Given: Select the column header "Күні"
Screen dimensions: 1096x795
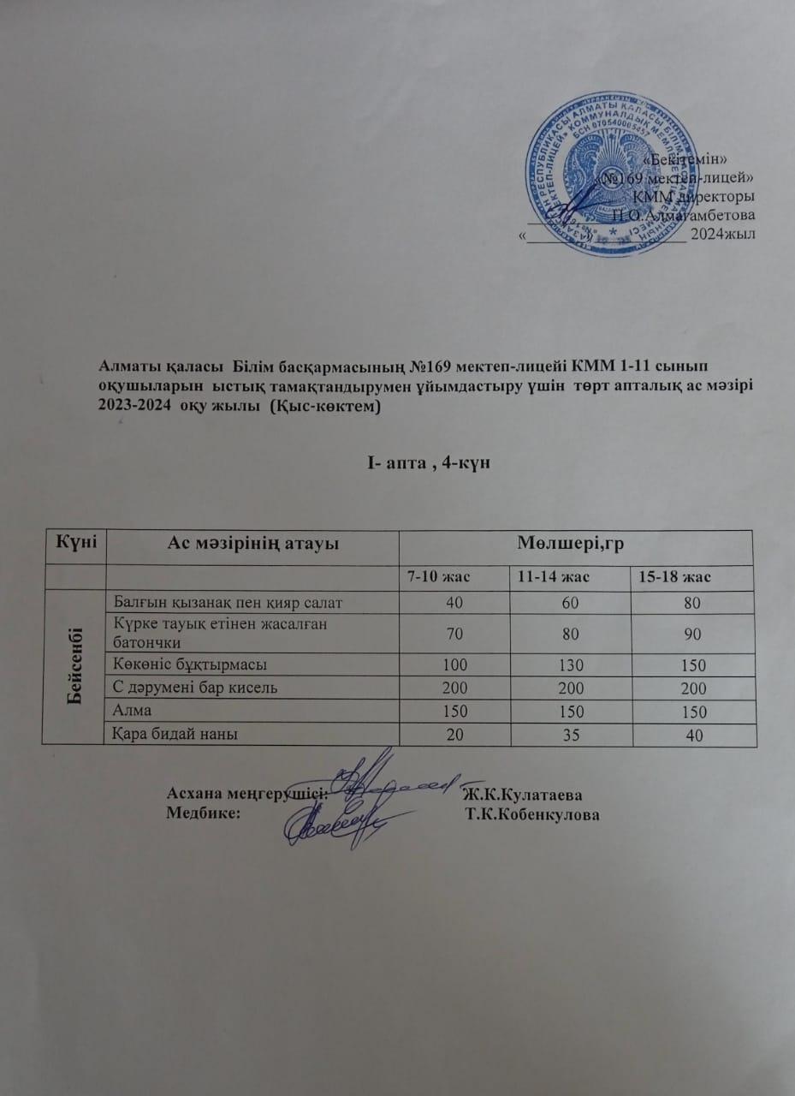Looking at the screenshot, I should [x=76, y=542].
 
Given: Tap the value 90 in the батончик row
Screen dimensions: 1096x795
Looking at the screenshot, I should [x=692, y=634].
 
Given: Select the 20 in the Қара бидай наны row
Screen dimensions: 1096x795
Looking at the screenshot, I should [x=455, y=735].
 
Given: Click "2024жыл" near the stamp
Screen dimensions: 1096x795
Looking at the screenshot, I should [x=723, y=233].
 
